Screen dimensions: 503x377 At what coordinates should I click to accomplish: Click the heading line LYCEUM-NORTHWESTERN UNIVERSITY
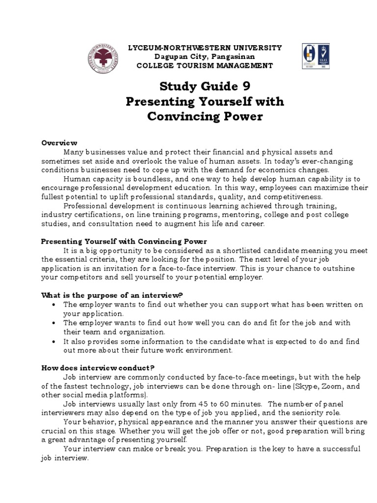[x=205, y=48]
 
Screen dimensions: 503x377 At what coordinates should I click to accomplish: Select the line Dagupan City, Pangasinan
[x=205, y=56]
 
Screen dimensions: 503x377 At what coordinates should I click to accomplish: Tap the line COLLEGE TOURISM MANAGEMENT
[x=205, y=65]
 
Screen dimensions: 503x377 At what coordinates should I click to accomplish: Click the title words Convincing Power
[x=205, y=117]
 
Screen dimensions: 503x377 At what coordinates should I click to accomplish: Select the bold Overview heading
[x=56, y=143]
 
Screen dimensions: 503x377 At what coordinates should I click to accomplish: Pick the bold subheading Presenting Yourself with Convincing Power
[x=124, y=242]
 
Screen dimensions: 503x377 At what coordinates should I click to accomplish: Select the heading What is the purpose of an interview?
[x=112, y=295]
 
